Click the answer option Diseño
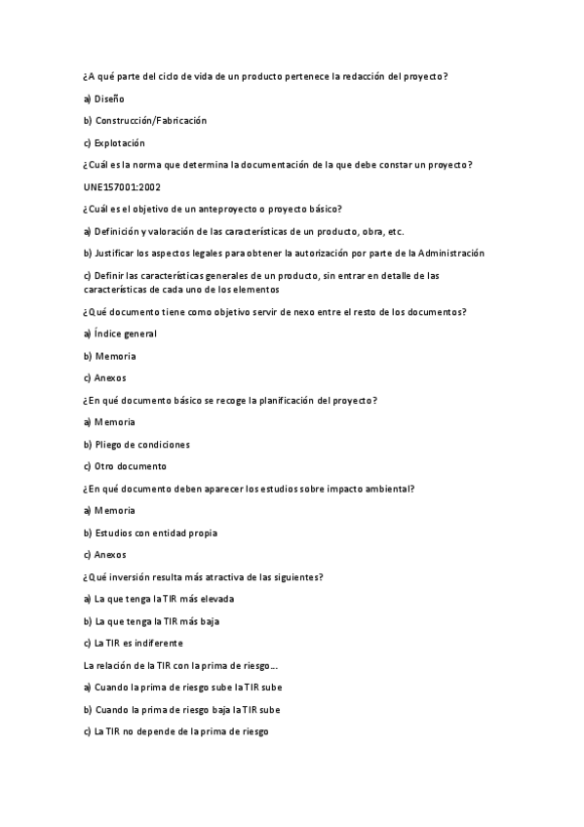tap(108, 98)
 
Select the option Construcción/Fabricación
tap(150, 121)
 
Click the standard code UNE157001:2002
tap(122, 187)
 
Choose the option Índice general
tap(125, 334)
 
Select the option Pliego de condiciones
tap(141, 445)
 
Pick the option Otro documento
tap(130, 466)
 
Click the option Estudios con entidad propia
tap(155, 533)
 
